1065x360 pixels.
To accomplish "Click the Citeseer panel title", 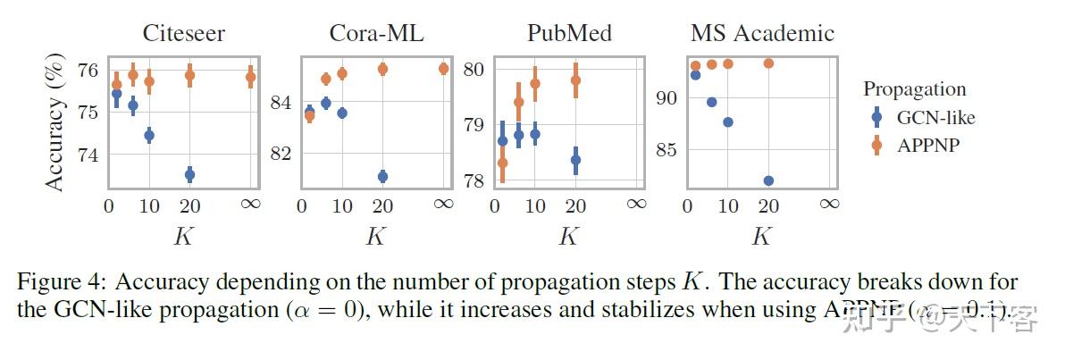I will click(x=184, y=34).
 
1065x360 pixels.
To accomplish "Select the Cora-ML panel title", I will click(x=376, y=34).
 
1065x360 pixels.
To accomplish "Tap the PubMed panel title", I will click(x=569, y=34).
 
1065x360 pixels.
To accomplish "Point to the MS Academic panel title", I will click(x=762, y=34).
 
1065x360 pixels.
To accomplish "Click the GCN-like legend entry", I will click(x=935, y=117).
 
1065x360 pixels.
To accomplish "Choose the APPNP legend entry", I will click(x=927, y=145).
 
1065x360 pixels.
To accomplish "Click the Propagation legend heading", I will click(x=915, y=89).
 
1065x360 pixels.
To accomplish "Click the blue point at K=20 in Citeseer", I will click(x=189, y=174).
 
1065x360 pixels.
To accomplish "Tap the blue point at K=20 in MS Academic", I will click(x=768, y=180).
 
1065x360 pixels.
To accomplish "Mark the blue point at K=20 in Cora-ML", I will click(x=382, y=177).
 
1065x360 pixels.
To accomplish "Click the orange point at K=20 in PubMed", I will click(x=575, y=80).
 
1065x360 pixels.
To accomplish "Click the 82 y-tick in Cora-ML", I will click(x=281, y=153).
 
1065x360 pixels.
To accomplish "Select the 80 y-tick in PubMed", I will click(x=474, y=70).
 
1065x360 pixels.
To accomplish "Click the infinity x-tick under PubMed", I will click(x=636, y=205).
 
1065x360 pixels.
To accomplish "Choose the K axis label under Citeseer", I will click(x=182, y=237).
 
